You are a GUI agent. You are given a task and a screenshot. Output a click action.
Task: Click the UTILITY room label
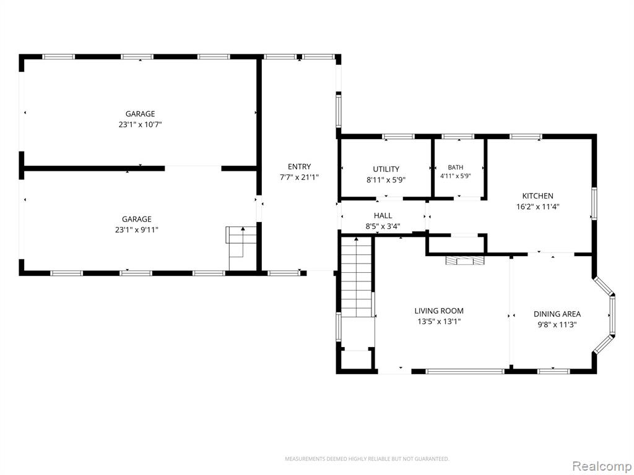point(386,169)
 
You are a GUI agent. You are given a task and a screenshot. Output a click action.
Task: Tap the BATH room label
point(456,167)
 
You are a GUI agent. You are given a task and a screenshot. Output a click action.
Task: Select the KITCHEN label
point(538,196)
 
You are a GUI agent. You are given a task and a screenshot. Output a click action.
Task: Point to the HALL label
point(383,216)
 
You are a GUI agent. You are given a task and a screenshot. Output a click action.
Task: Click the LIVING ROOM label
point(439,311)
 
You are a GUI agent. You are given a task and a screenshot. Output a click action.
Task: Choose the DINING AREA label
point(557,314)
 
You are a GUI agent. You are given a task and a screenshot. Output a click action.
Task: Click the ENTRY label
point(300,166)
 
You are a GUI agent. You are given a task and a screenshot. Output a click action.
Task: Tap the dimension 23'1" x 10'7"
point(141,125)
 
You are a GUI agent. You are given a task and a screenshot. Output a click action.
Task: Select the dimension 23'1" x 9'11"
point(137,230)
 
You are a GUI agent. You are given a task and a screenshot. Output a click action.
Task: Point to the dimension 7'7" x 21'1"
point(300,177)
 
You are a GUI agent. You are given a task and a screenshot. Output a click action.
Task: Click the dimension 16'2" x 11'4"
point(538,207)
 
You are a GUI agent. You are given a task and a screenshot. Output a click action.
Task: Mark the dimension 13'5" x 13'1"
point(439,322)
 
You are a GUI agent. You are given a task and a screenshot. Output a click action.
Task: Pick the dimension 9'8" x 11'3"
point(557,325)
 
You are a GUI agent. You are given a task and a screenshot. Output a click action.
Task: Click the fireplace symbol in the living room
point(465,260)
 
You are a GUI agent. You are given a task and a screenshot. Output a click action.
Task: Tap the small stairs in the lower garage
point(241,242)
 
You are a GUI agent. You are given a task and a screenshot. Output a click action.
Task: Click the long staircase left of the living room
point(356,277)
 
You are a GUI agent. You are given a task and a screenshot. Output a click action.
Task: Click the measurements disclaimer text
point(367,459)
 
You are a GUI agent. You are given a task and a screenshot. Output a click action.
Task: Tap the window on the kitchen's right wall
point(594,203)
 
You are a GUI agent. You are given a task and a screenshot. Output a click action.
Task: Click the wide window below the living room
point(465,371)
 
